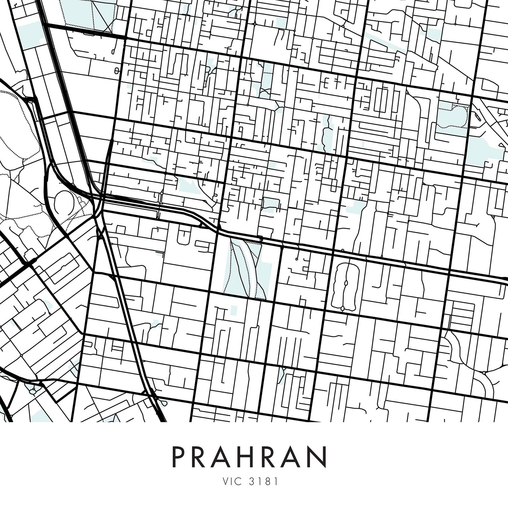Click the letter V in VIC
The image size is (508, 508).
tap(226, 481)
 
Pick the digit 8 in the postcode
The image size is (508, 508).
tap(267, 481)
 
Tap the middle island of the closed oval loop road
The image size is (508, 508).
tap(345, 283)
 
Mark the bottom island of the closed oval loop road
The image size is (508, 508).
tap(343, 308)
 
